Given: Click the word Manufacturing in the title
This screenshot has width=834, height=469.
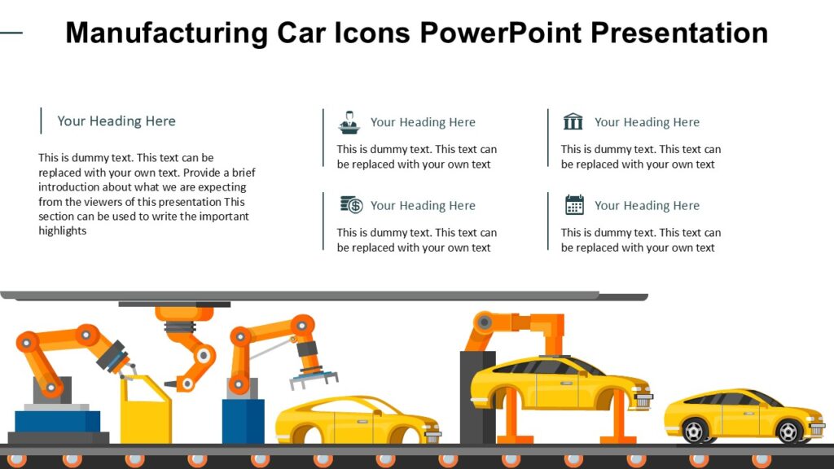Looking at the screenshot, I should pos(166,33).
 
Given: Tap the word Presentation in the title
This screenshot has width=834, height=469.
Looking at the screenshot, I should pos(678,33).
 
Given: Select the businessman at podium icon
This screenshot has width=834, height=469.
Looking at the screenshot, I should pos(349,122).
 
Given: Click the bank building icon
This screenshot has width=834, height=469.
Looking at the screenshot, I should pos(573,122).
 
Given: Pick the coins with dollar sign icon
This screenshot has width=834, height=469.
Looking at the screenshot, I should pos(351,205).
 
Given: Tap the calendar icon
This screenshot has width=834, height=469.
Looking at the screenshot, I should pos(574,205).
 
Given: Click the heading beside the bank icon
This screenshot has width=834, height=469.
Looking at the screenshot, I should pos(647,122).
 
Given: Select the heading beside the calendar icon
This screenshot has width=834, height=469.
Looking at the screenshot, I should pos(647,206).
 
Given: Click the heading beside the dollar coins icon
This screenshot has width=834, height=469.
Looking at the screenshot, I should pos(423,206).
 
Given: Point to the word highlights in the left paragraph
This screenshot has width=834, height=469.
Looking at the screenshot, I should pos(62,231).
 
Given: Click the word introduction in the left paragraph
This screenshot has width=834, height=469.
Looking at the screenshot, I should pos(72,187).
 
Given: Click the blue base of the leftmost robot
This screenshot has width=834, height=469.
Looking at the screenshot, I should pos(57,421).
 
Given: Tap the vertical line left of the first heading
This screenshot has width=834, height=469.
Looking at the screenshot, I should pos(41,121).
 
